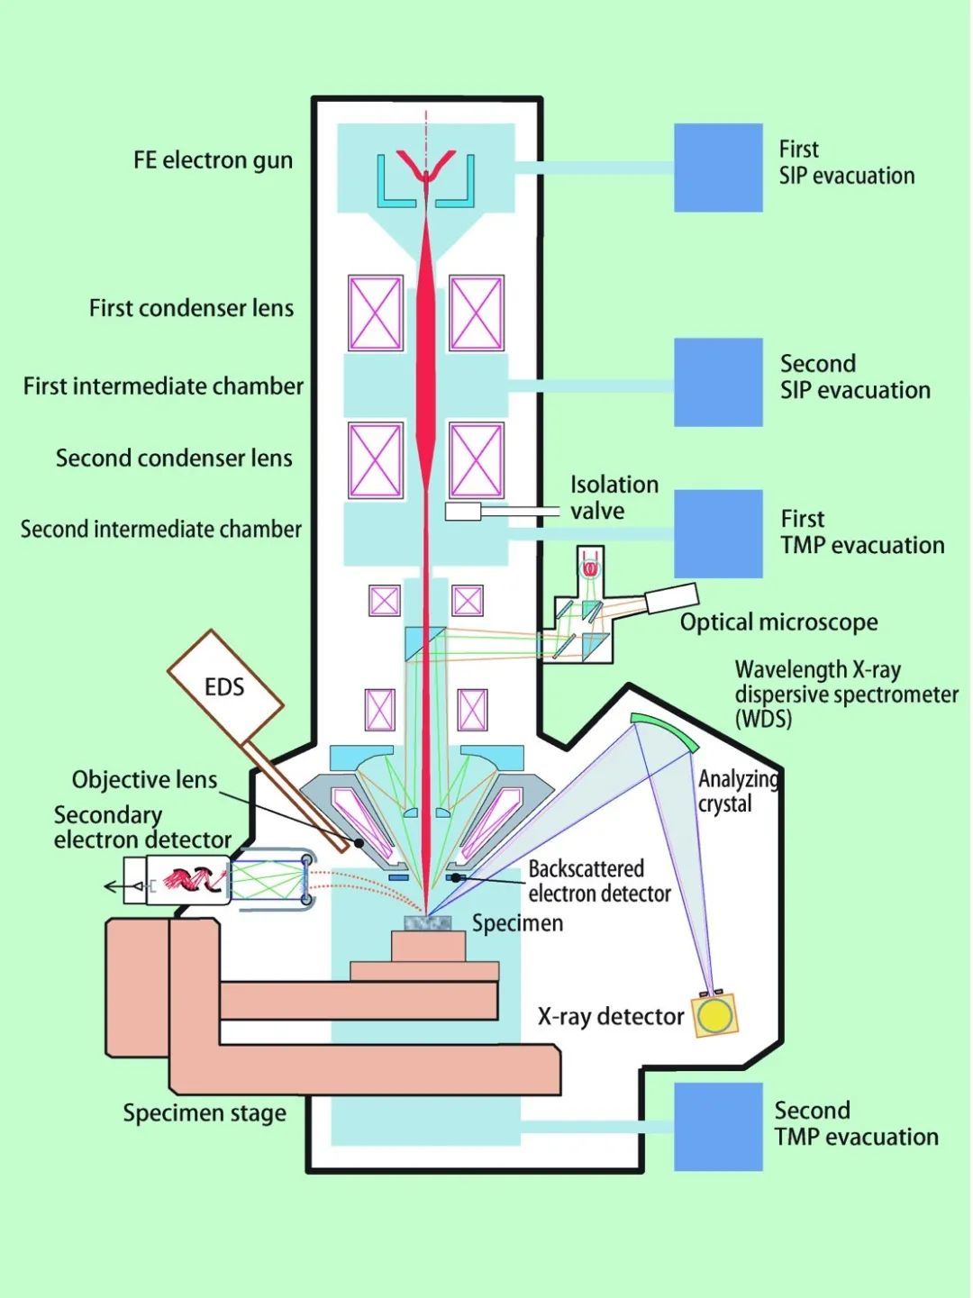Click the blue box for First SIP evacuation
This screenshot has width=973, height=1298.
[718, 168]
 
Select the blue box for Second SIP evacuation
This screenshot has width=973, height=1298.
[718, 383]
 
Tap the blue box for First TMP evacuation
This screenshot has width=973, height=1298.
[718, 534]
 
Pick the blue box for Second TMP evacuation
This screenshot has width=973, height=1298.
[718, 1127]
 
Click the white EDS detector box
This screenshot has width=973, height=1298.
[225, 686]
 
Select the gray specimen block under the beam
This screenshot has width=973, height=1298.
[428, 923]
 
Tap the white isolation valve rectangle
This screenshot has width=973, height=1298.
[463, 512]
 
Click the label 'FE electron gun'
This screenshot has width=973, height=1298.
[214, 160]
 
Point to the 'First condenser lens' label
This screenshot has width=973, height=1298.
[191, 308]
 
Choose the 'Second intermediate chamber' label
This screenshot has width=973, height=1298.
[161, 529]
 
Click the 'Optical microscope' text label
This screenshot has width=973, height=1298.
[778, 622]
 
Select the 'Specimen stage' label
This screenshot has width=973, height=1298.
[205, 1113]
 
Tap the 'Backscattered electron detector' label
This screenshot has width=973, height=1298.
[599, 881]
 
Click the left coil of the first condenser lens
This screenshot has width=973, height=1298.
[376, 313]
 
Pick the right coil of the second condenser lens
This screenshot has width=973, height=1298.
[476, 460]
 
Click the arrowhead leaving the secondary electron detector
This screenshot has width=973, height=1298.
[110, 888]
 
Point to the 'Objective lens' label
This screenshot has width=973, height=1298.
[144, 780]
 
